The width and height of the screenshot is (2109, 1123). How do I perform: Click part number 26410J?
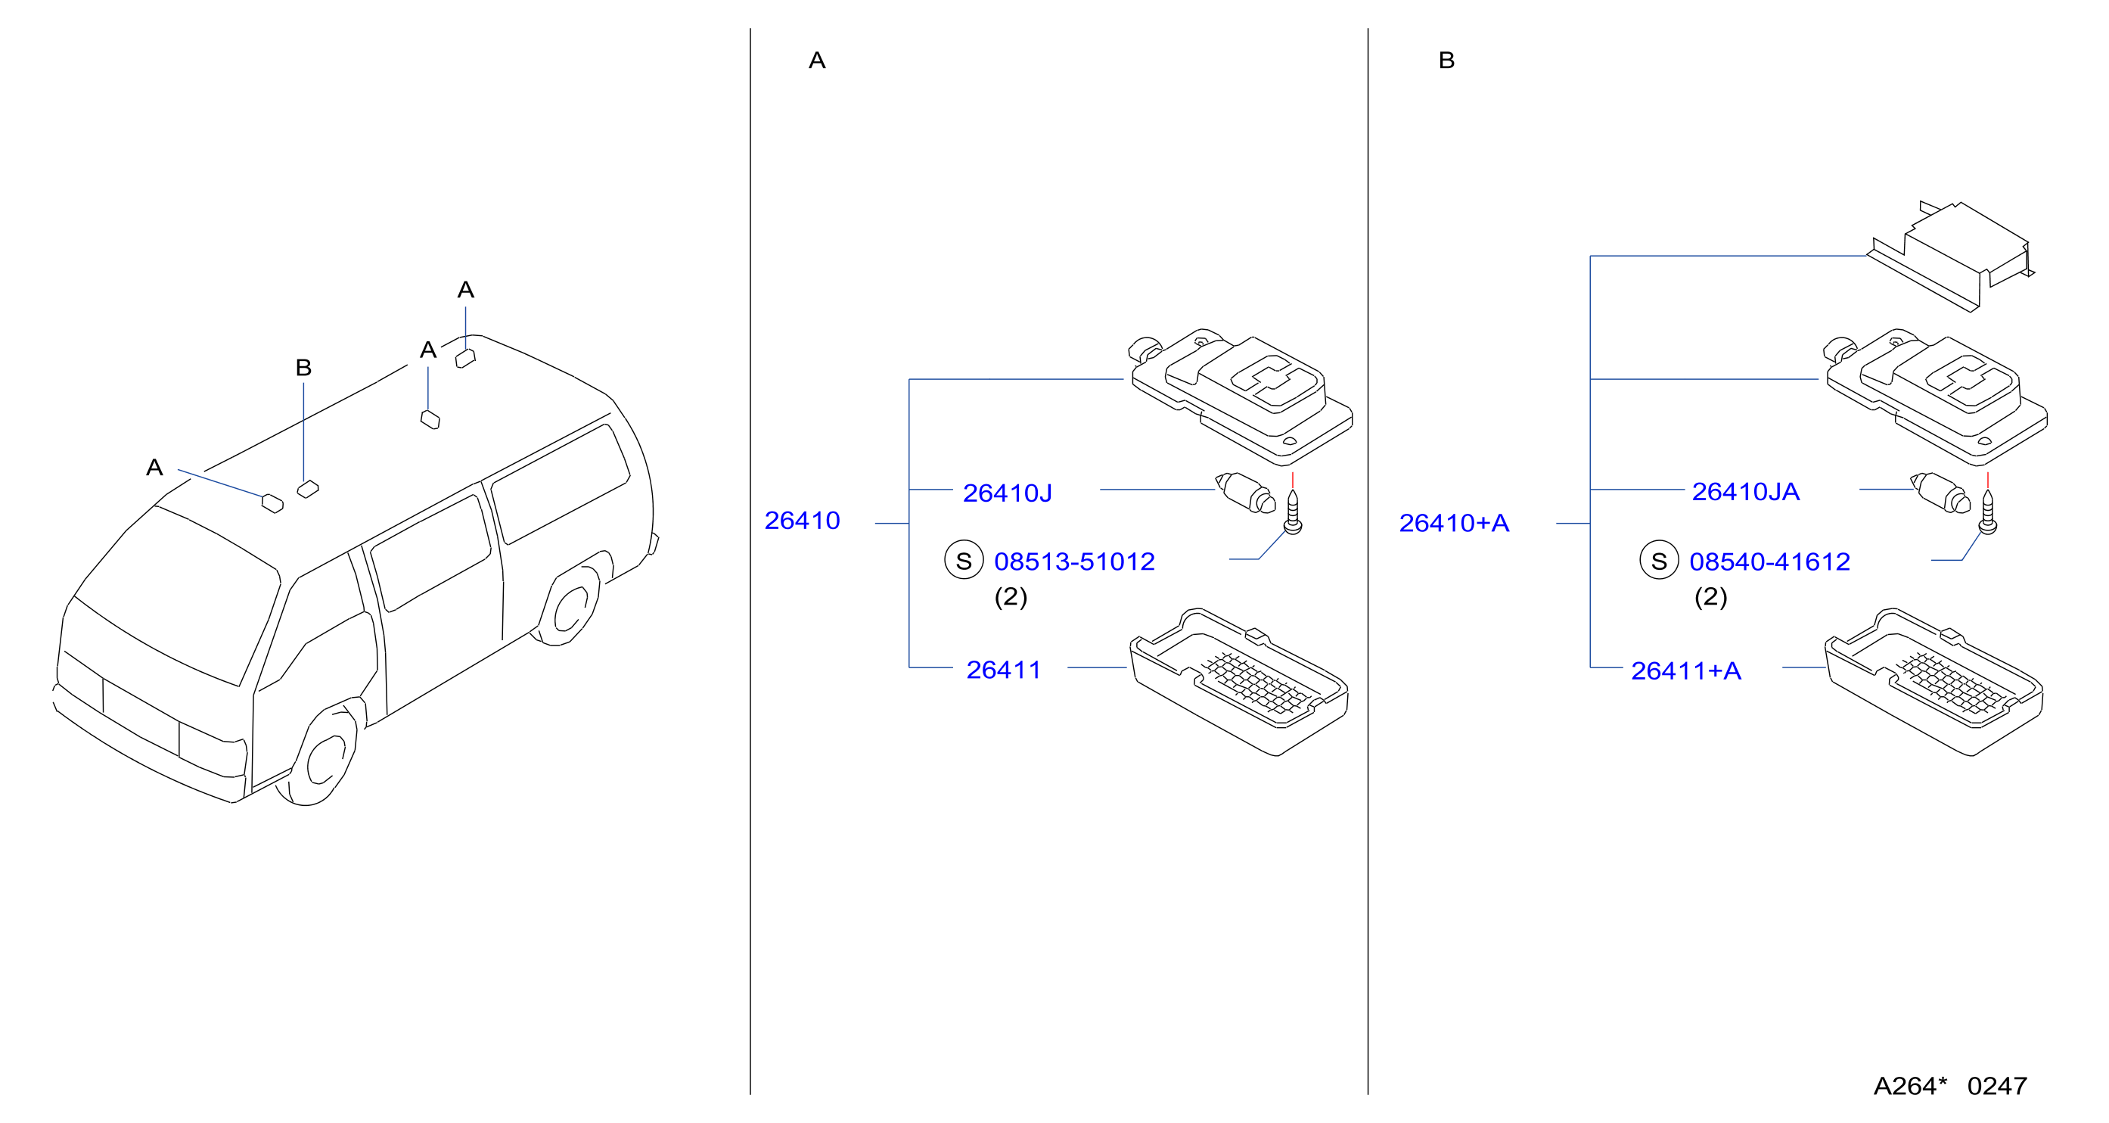tap(1007, 493)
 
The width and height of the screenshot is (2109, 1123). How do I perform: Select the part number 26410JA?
tap(1745, 491)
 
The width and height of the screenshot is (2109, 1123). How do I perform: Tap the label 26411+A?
tap(1685, 671)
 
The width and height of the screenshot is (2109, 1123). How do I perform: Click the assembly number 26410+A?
tap(1454, 523)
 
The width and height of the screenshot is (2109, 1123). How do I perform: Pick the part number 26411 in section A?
tap(1004, 670)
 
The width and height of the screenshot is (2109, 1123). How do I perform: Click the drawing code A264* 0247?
tap(1950, 1086)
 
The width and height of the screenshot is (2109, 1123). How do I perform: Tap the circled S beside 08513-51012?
tap(964, 560)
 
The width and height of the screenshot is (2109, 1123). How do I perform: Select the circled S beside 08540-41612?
tap(1660, 560)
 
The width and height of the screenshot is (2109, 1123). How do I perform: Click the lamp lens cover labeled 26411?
tap(1239, 682)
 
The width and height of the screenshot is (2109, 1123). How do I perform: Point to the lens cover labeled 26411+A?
tap(1934, 682)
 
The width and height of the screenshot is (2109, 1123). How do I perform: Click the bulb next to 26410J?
tap(1245, 493)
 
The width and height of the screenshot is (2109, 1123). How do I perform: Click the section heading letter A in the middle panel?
tap(817, 61)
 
